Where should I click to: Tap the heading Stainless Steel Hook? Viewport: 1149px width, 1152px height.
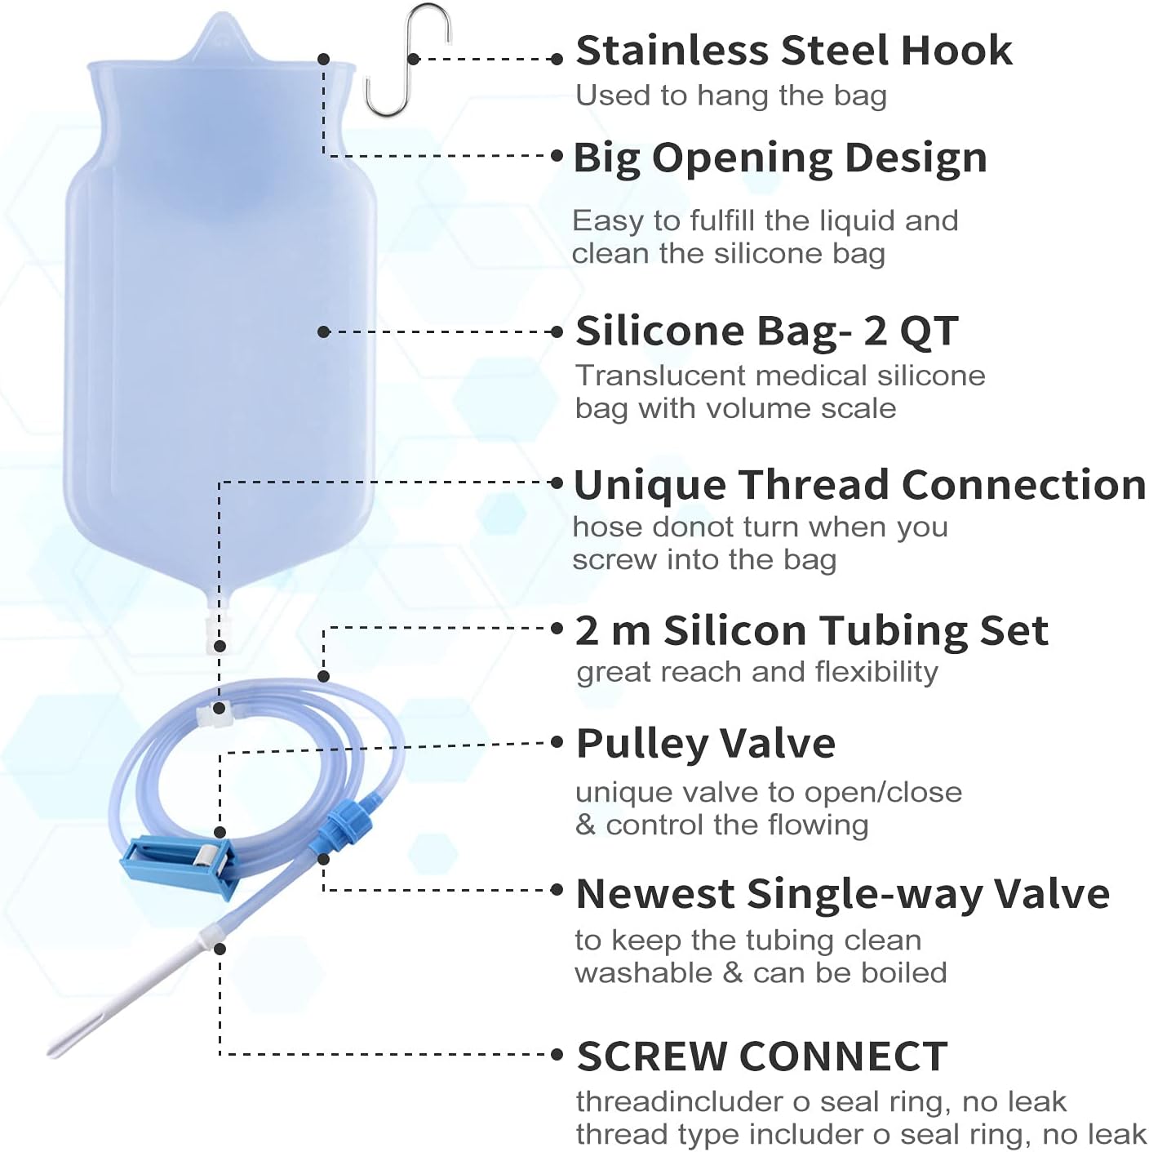(x=793, y=51)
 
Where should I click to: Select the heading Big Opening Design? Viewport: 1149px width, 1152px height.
(x=779, y=158)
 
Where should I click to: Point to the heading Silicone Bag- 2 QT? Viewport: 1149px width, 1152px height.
(x=766, y=331)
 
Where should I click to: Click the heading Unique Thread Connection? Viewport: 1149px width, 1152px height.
(x=859, y=485)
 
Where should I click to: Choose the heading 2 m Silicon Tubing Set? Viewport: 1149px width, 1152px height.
(x=811, y=630)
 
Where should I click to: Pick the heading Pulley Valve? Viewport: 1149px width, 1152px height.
(x=705, y=744)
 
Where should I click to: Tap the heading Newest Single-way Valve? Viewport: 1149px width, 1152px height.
(x=842, y=893)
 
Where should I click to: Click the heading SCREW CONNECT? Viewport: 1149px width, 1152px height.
(x=761, y=1056)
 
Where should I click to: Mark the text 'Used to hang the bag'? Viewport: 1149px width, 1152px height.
(x=730, y=96)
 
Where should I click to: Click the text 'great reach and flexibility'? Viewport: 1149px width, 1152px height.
(x=756, y=672)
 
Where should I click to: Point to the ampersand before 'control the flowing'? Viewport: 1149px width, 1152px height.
(x=585, y=825)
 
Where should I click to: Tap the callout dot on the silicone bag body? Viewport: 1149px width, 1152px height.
(x=324, y=331)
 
